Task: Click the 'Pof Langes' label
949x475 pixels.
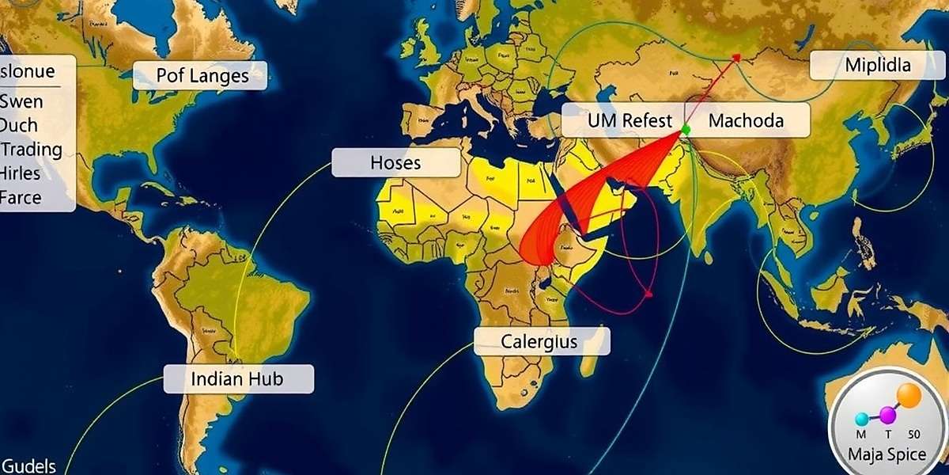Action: (201, 76)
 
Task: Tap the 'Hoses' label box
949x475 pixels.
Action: (395, 163)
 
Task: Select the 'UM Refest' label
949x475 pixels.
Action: (630, 121)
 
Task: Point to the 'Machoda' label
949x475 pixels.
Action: (746, 121)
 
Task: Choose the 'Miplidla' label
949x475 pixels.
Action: (877, 66)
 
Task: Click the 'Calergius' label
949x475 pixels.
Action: (540, 342)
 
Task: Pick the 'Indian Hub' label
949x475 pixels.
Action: (237, 379)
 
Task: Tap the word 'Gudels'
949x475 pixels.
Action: (28, 465)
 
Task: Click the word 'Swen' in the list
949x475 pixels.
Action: (21, 101)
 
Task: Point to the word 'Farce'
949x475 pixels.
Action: (21, 197)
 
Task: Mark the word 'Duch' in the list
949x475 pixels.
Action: (19, 125)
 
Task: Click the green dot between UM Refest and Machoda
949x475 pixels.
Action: (686, 129)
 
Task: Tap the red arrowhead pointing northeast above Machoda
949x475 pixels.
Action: (737, 57)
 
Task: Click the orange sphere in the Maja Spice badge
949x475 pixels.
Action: (909, 396)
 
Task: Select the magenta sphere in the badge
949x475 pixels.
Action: (888, 415)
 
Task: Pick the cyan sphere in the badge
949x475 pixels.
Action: (861, 419)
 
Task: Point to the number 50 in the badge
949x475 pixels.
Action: (913, 434)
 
